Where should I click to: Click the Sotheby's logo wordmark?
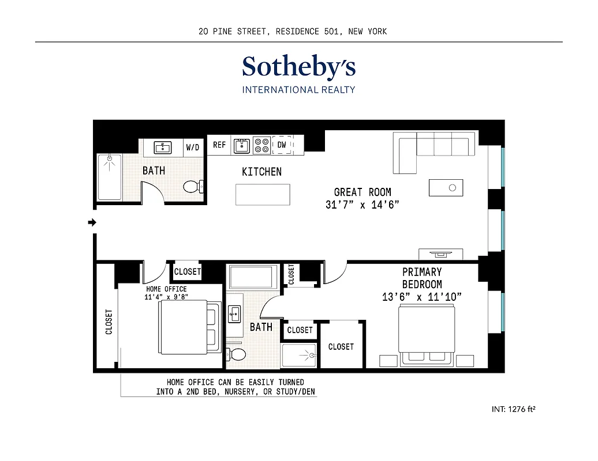point(298,67)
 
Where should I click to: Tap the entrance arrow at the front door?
point(92,222)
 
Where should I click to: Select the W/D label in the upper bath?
point(192,148)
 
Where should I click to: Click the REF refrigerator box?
point(219,145)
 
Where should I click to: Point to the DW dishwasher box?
point(282,145)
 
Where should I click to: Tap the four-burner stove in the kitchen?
point(261,145)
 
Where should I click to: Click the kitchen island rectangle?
point(262,194)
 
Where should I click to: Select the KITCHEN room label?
point(261,172)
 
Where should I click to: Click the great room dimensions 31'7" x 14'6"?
point(362,205)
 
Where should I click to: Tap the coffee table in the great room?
point(446,188)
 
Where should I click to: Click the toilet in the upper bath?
point(193,186)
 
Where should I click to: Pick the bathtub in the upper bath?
point(109,177)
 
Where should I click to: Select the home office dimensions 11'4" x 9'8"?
point(166,297)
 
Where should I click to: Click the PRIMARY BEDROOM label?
point(422,278)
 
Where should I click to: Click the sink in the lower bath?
point(236,315)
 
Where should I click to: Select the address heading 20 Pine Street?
point(292,32)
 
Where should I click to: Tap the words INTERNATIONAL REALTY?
point(298,90)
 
